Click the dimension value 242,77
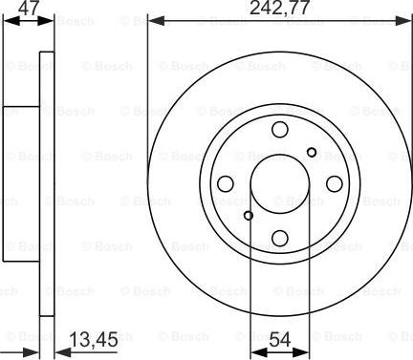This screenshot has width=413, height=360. pyautogui.click(x=279, y=8)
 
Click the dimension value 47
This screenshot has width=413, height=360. pyautogui.click(x=29, y=7)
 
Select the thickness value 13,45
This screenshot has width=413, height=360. pyautogui.click(x=94, y=340)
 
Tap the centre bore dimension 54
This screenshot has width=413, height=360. pyautogui.click(x=280, y=339)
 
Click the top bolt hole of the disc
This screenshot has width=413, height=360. pyautogui.click(x=280, y=130)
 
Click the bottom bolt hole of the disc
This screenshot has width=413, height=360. pyautogui.click(x=280, y=238)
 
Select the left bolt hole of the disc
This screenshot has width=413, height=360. pyautogui.click(x=226, y=184)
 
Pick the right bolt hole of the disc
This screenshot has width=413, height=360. pyautogui.click(x=335, y=184)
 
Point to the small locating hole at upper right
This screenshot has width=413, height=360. pyautogui.click(x=312, y=153)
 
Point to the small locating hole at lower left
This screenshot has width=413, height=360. pyautogui.click(x=249, y=216)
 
